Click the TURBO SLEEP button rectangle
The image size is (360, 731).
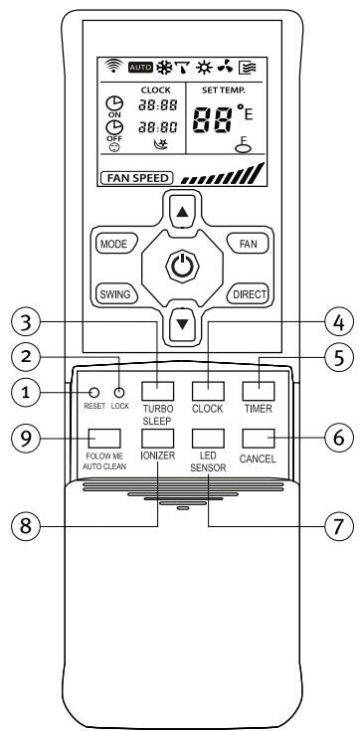[159, 391]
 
